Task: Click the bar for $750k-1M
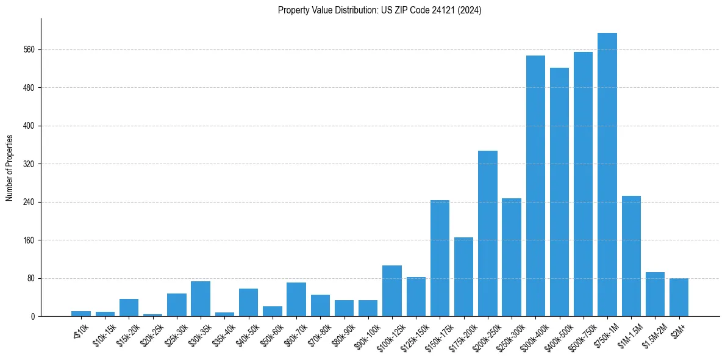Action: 607,175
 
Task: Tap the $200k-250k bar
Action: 487,234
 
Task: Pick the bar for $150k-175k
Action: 440,258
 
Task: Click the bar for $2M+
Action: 679,297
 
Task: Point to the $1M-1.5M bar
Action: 631,256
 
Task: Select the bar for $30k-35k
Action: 201,299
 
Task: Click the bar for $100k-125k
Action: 392,291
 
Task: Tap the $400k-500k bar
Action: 559,192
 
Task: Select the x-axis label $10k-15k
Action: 104,333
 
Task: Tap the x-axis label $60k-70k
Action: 295,333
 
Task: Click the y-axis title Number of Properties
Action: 9,168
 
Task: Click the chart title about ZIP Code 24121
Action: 379,10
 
